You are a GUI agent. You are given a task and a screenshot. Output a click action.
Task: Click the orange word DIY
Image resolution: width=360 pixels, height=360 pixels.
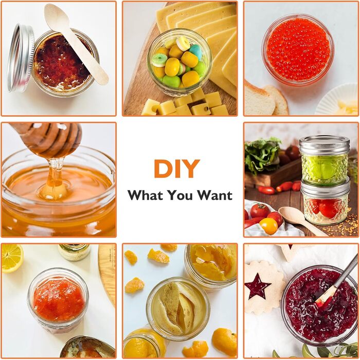pos(177,169)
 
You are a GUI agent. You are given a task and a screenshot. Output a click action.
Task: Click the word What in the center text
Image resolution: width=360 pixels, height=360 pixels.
pos(146,195)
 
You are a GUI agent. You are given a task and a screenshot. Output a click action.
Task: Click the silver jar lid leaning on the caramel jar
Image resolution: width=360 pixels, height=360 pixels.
pos(20,58)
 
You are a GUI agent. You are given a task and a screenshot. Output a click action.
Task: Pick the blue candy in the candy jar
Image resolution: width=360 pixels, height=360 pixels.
pos(196,51)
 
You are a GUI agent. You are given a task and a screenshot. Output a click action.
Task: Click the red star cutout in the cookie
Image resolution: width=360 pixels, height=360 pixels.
pos(257,285)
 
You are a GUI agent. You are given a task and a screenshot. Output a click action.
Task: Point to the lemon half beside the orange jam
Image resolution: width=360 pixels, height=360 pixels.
pos(12,258)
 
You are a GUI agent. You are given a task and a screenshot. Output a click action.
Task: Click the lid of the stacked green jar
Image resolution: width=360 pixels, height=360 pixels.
pos(324,145)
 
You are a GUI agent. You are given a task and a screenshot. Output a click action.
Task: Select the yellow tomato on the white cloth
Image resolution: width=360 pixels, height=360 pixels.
pos(268,226)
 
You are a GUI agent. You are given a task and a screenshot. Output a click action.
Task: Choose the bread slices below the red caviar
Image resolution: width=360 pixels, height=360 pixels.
pos(266,99)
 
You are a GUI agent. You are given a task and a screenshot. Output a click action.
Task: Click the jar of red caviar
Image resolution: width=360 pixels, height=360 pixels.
pos(298,49)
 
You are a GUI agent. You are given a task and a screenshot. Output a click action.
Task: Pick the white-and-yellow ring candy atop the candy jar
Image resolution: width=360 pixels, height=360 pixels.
pos(183,43)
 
